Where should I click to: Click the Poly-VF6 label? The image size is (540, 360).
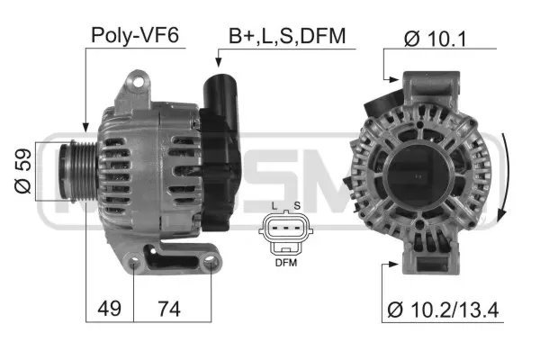135,36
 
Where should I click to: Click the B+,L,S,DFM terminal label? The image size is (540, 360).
286,36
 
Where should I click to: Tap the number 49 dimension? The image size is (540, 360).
110,309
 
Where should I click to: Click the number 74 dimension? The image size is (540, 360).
168,309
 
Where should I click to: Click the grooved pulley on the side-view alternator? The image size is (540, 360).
74,170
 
